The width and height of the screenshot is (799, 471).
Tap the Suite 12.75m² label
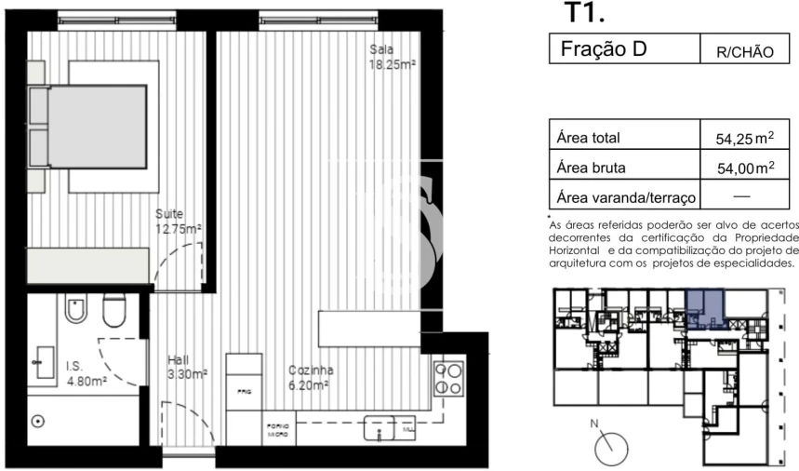click(x=178, y=221)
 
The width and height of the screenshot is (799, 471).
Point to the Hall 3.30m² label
click(x=186, y=366)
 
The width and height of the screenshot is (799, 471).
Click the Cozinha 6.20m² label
click(x=310, y=375)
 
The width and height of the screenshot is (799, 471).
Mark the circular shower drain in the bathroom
click(x=38, y=422)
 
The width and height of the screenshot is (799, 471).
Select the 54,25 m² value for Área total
click(x=744, y=139)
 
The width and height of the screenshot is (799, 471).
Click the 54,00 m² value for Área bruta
click(x=744, y=168)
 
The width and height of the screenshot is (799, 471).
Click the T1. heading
click(x=585, y=14)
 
